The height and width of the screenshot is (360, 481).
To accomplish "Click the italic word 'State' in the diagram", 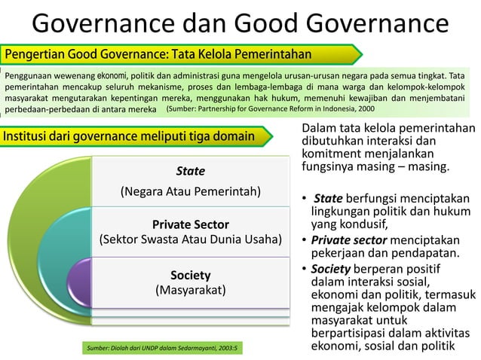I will [190, 171].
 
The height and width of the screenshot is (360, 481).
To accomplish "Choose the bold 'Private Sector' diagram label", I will [190, 224].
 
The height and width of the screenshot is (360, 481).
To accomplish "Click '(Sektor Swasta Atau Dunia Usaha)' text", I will [191, 240].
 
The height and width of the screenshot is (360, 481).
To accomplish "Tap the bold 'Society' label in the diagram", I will [190, 275].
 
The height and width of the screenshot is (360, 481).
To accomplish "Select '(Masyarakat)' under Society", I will [190, 289].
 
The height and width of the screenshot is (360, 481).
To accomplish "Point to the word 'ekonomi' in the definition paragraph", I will [111, 75].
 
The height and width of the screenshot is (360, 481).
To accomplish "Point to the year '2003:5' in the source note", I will [224, 349].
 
